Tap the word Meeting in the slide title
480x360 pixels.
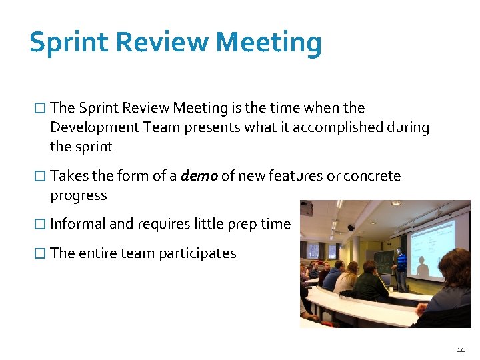pyautogui.click(x=269, y=43)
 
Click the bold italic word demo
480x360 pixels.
pyautogui.click(x=199, y=176)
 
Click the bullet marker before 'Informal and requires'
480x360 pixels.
pyautogui.click(x=40, y=224)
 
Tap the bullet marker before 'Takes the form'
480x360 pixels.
pyautogui.click(x=40, y=176)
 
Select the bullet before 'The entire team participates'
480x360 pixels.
pyautogui.click(x=40, y=253)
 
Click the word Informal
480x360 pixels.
pyautogui.click(x=77, y=224)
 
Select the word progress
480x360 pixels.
pyautogui.click(x=78, y=195)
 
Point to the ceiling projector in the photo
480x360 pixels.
pyautogui.click(x=306, y=207)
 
